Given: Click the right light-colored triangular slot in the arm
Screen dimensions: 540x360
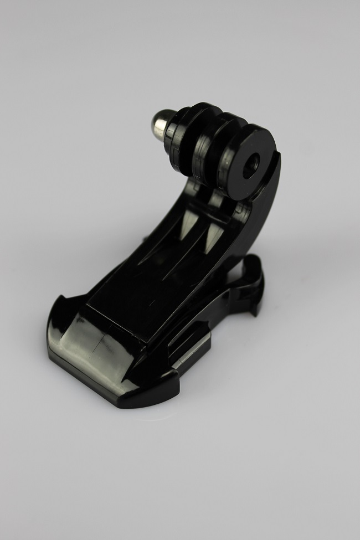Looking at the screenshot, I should click(x=211, y=238).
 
